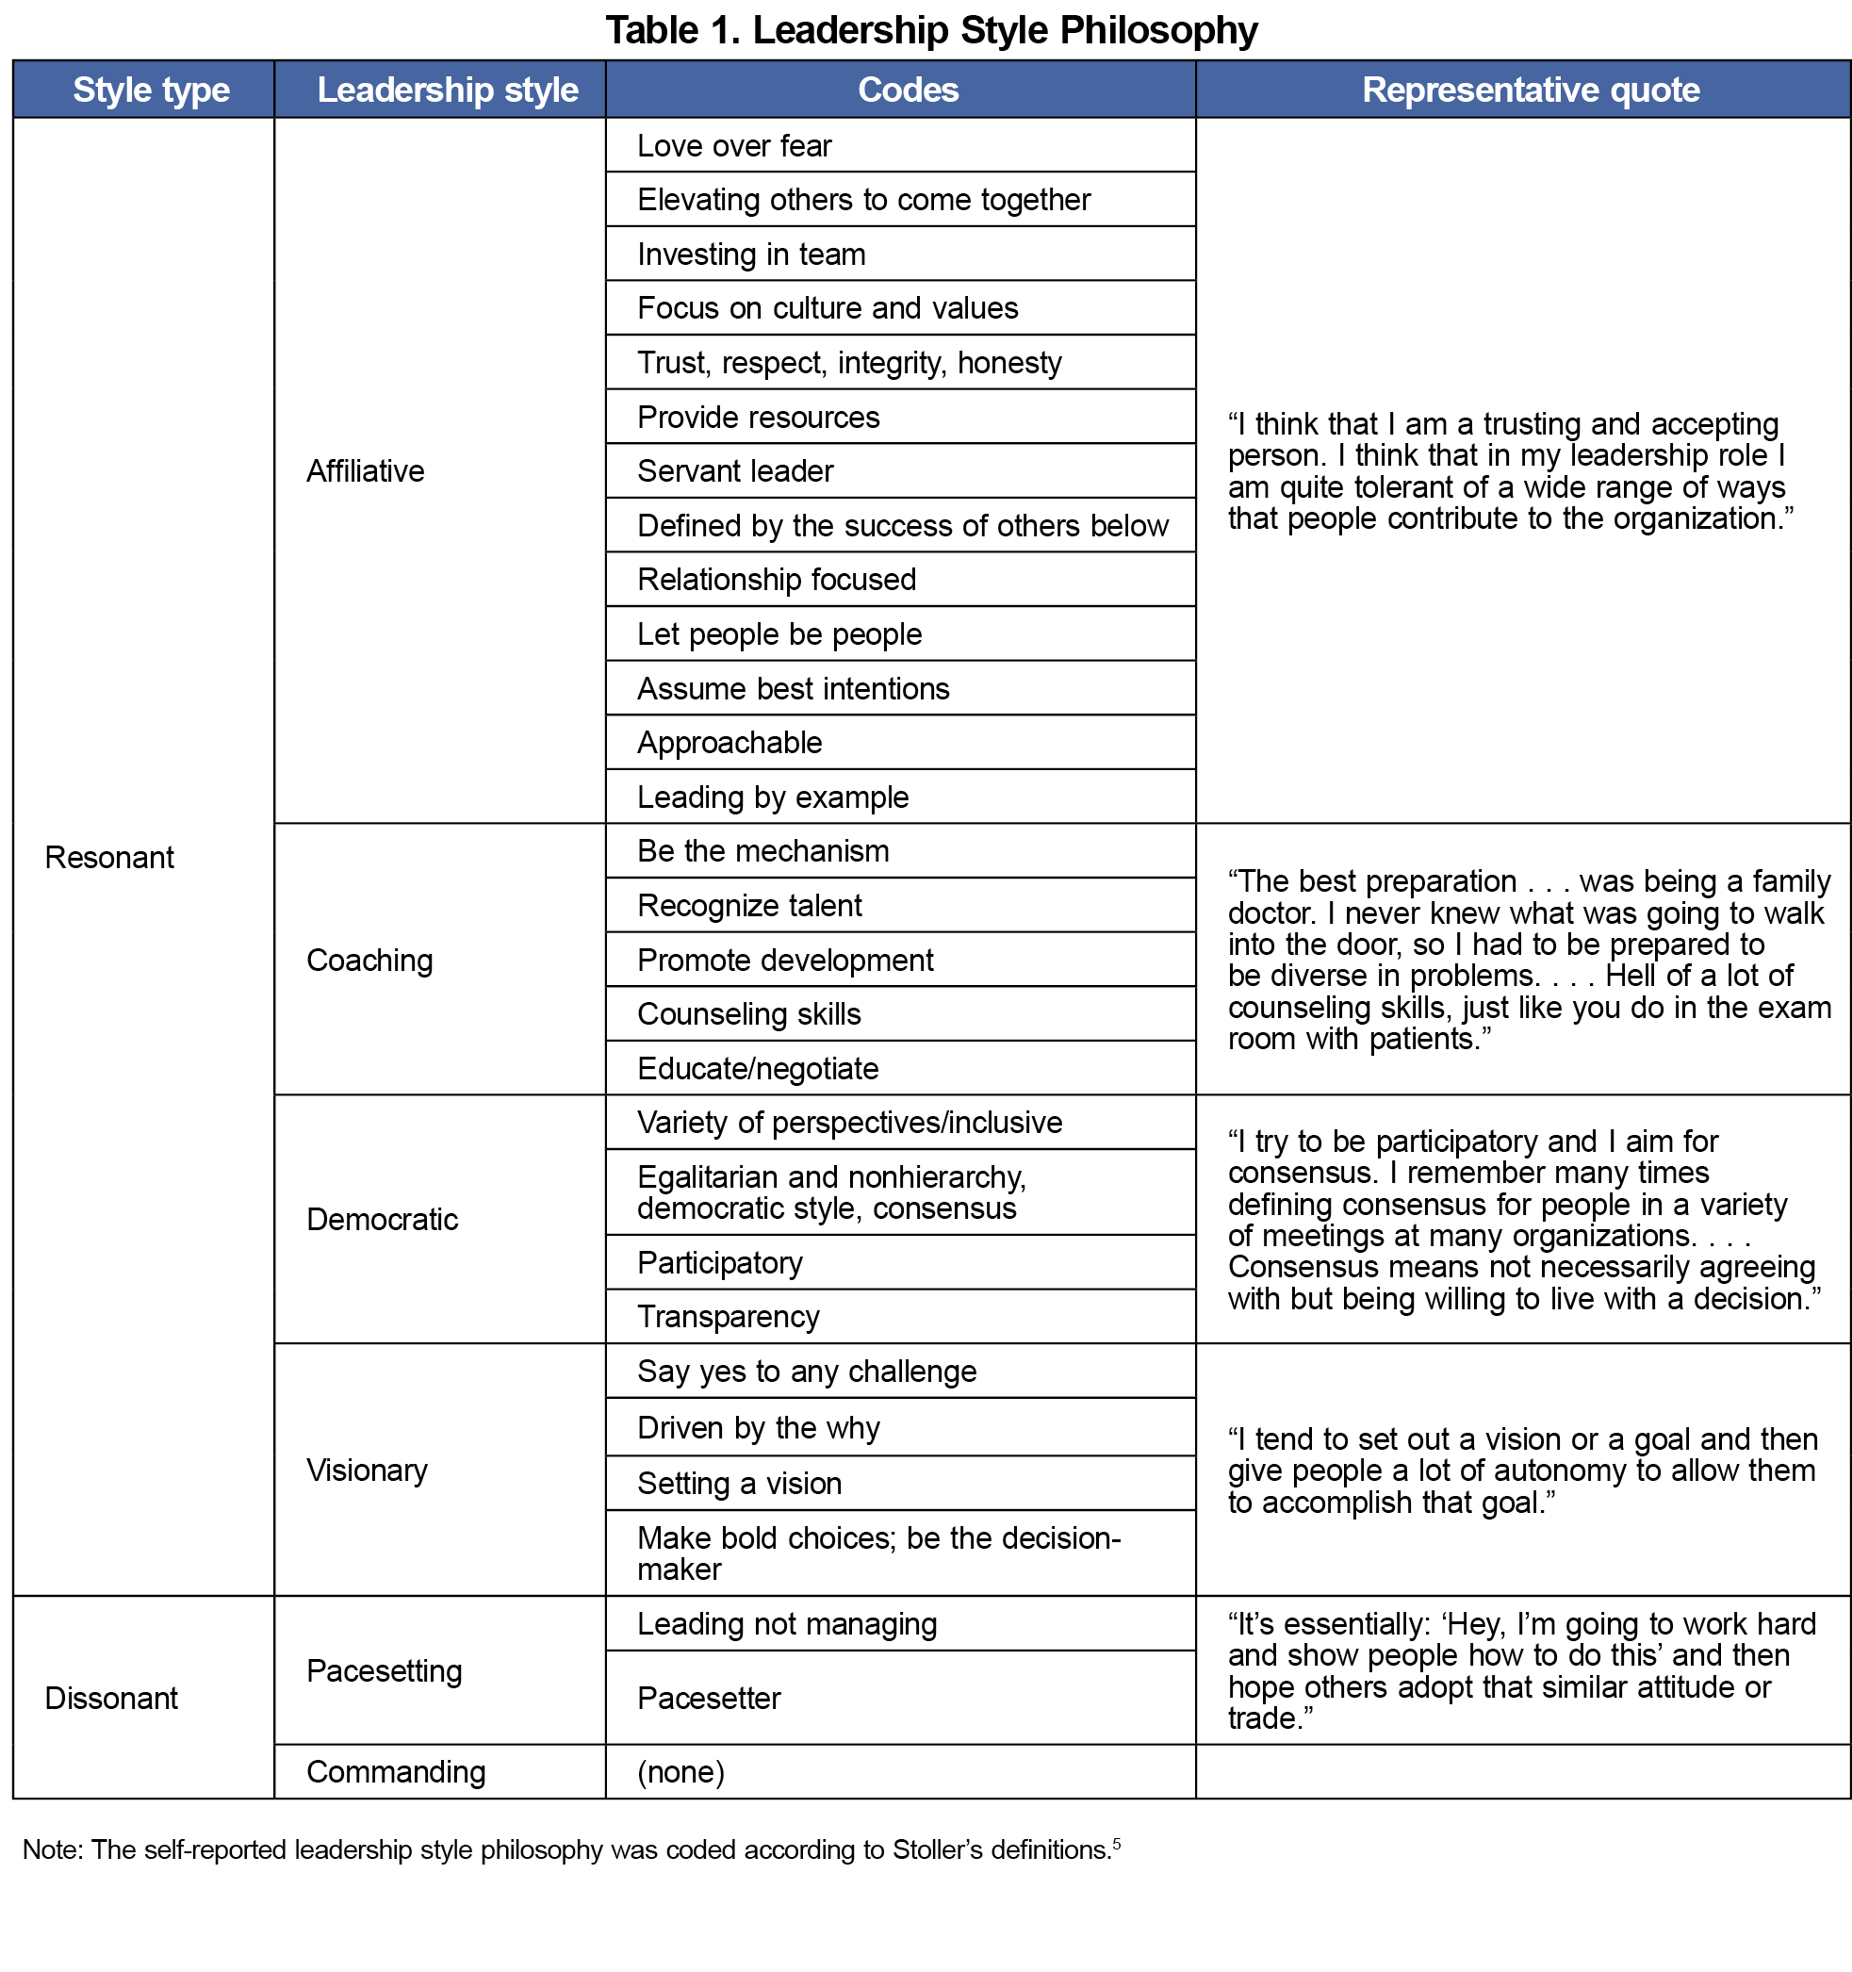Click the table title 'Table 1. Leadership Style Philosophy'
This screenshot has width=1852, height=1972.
[x=930, y=30]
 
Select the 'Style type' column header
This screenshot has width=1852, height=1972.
[x=151, y=90]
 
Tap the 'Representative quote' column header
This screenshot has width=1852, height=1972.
[x=1530, y=90]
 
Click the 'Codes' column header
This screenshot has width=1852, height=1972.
[x=908, y=90]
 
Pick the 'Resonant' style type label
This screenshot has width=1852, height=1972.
[x=109, y=857]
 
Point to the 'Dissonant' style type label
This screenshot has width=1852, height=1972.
[x=111, y=1699]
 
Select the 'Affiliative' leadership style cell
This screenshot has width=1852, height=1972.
[x=365, y=471]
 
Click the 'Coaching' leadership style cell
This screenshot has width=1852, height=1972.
[x=369, y=961]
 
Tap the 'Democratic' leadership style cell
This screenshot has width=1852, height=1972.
[x=382, y=1219]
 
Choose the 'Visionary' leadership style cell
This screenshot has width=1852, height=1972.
[x=366, y=1471]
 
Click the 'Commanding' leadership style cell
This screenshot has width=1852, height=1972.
[x=396, y=1771]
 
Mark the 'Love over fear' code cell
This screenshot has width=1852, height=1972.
[x=734, y=146]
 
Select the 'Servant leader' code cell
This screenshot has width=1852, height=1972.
[x=735, y=471]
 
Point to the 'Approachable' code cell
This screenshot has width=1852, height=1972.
[x=729, y=743]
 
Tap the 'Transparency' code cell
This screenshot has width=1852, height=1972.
[x=729, y=1316]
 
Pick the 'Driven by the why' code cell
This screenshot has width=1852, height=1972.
[x=758, y=1427]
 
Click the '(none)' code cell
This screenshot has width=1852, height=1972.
[x=680, y=1771]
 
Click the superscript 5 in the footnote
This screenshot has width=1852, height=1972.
[x=1116, y=1844]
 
